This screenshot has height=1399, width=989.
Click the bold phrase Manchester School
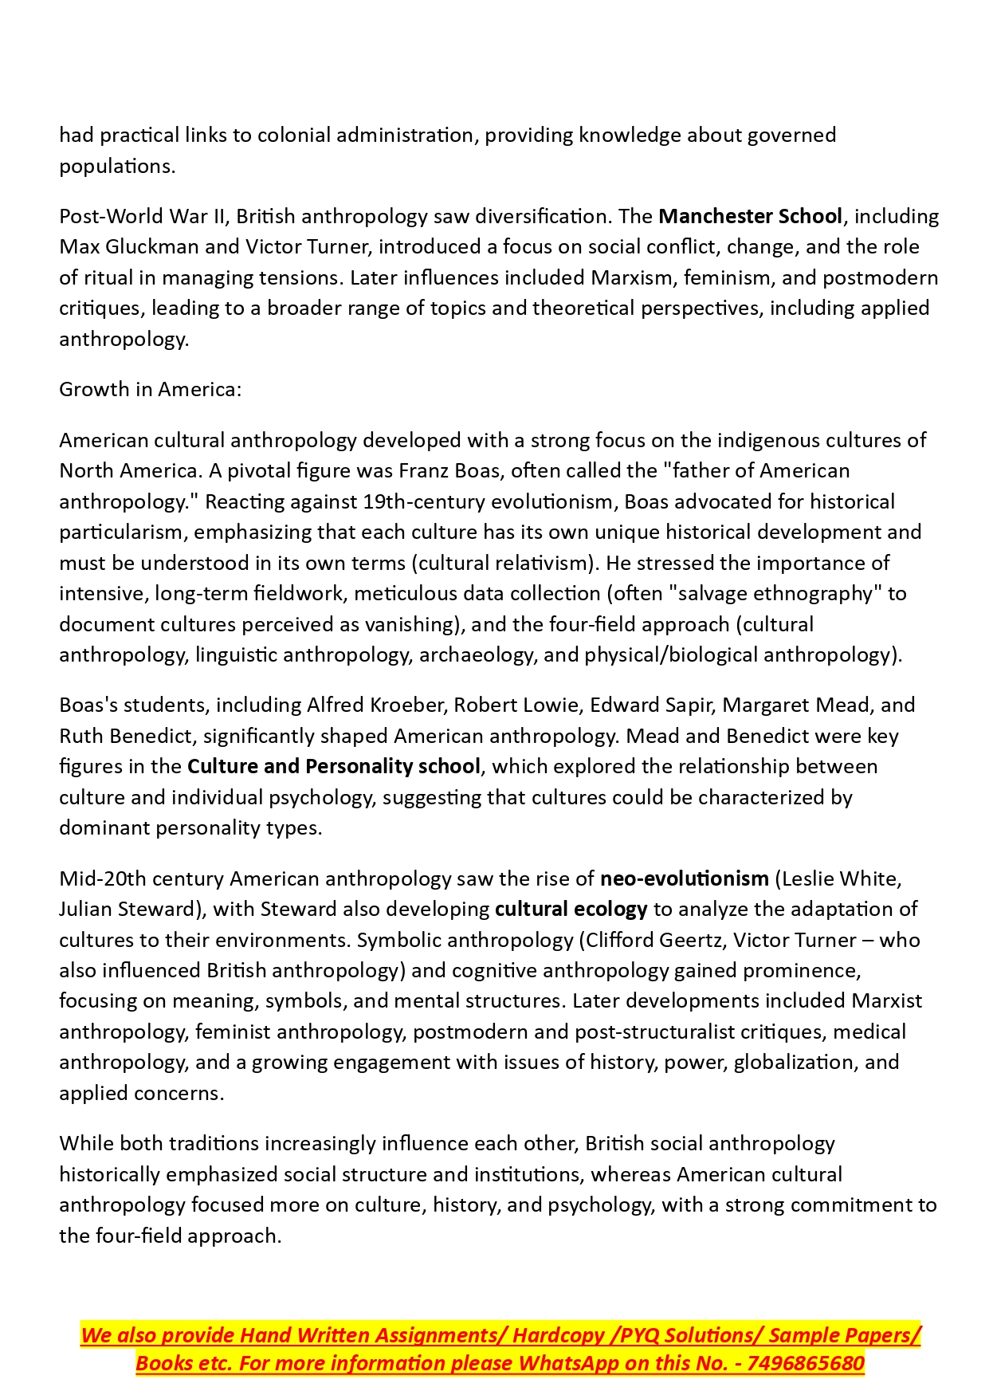[x=750, y=217]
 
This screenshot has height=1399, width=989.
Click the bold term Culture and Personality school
[x=334, y=767]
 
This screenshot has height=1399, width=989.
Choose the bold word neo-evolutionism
[x=684, y=879]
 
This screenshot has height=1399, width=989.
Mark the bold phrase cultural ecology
[x=571, y=910]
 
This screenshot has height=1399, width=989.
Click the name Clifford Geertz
[x=654, y=941]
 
